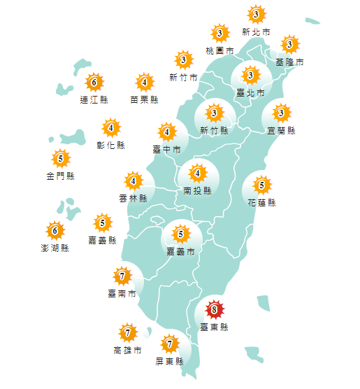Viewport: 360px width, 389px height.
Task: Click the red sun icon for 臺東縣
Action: [x=215, y=310]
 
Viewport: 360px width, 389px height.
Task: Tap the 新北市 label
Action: [x=255, y=31]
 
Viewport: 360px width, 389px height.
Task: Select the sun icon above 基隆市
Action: [x=289, y=45]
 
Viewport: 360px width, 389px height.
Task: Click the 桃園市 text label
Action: [x=219, y=51]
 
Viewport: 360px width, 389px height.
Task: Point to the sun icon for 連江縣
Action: [x=94, y=83]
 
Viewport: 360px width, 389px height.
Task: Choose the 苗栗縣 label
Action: [x=144, y=99]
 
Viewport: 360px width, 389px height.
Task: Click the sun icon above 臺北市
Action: [x=250, y=75]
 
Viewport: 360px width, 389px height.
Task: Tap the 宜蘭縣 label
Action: [x=282, y=130]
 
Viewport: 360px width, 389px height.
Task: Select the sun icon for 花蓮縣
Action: [x=261, y=185]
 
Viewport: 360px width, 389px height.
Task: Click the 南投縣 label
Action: [x=197, y=190]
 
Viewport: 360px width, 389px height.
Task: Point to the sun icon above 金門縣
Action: [x=60, y=159]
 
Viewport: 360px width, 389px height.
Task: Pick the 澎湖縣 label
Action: [x=55, y=247]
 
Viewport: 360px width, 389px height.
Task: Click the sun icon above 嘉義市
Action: [x=181, y=234]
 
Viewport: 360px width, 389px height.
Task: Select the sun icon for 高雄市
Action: [x=127, y=332]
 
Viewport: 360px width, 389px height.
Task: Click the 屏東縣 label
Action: [x=169, y=361]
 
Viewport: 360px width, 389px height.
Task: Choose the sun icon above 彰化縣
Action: [x=110, y=128]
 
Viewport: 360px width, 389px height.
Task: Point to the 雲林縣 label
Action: [x=134, y=198]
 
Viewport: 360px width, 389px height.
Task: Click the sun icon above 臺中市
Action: [x=167, y=132]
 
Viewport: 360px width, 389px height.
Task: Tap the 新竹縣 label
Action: [x=214, y=130]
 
